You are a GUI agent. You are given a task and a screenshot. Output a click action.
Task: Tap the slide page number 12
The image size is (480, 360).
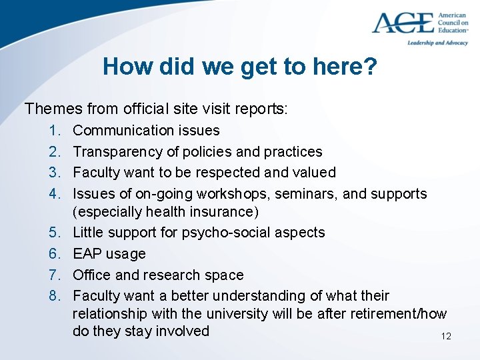[446, 336]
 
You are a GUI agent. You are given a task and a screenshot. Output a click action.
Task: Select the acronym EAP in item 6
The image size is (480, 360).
[86, 254]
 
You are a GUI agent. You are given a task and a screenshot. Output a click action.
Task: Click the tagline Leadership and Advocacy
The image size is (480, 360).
[438, 43]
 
